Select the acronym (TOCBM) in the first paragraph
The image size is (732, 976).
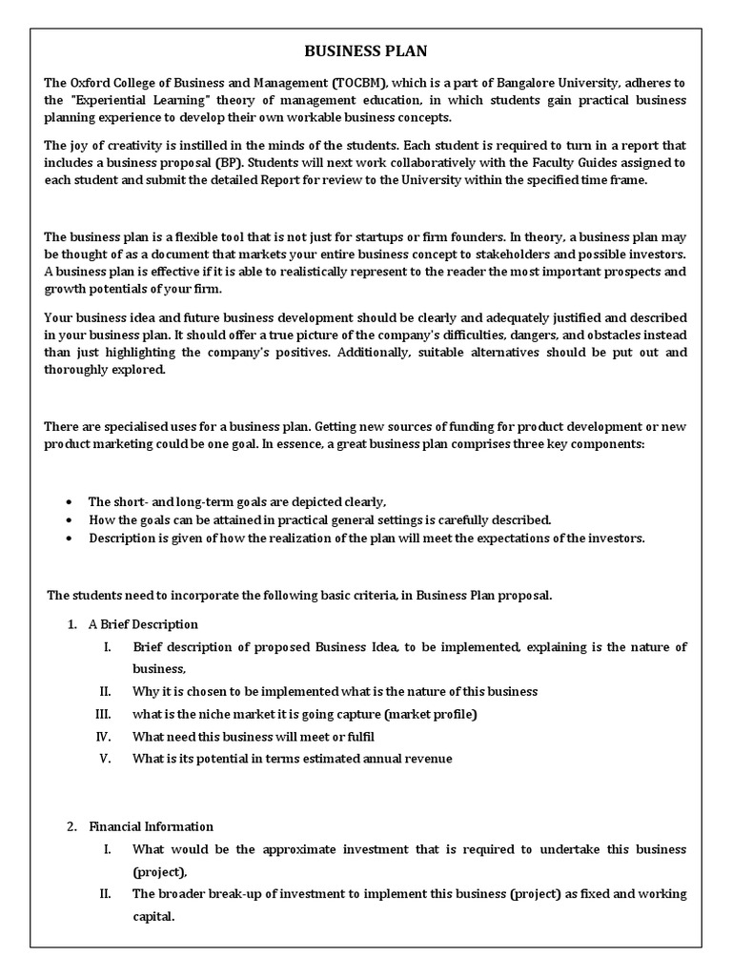coord(353,83)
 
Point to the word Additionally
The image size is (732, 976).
coord(385,352)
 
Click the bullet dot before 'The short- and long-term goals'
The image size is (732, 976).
coord(72,502)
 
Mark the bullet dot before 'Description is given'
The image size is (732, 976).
coord(72,539)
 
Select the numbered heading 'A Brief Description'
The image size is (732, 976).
coord(143,624)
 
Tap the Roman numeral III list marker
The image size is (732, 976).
coord(104,714)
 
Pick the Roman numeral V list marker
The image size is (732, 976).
coord(106,759)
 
